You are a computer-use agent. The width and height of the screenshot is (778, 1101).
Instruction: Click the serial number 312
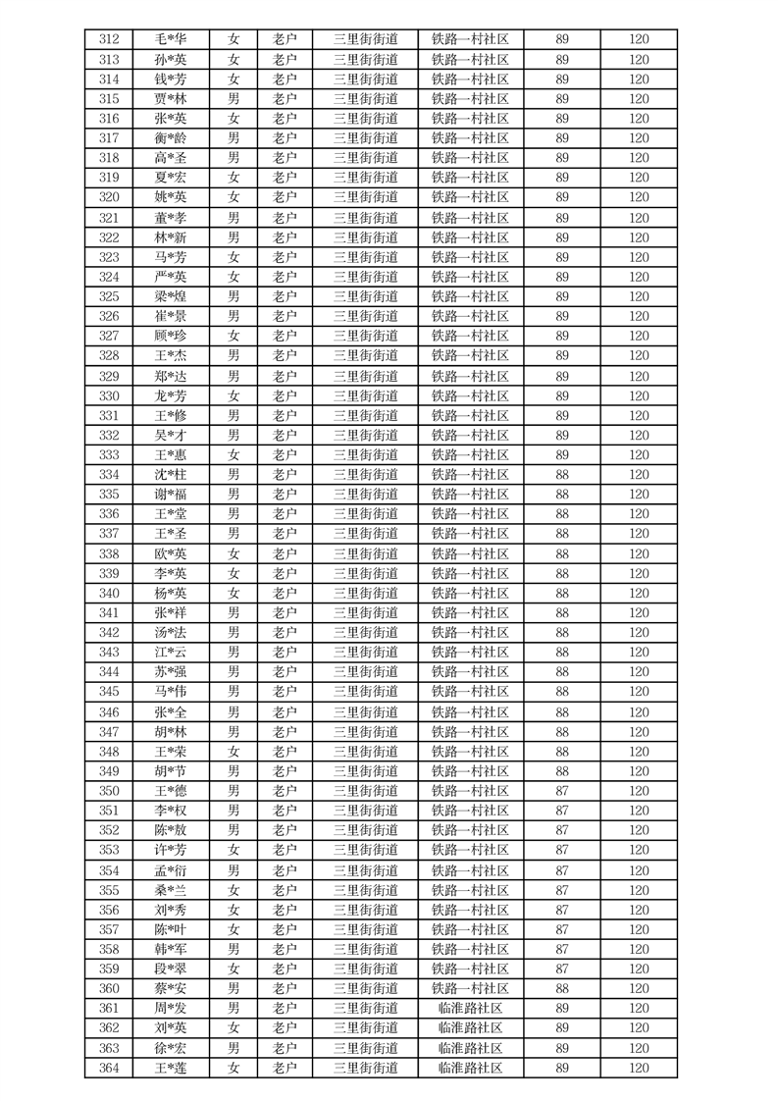coord(109,39)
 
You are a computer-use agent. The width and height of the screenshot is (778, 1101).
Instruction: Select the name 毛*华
coord(171,39)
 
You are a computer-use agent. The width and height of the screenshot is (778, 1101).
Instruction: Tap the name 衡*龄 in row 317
coord(171,138)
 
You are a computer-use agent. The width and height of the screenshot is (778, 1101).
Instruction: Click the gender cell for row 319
coord(233,178)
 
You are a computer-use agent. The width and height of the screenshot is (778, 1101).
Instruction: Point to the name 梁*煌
coord(171,296)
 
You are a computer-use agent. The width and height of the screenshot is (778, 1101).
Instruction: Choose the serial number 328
coord(109,355)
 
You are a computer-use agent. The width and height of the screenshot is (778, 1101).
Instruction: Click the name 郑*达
coord(171,376)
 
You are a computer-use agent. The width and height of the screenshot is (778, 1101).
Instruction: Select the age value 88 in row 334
coord(562,474)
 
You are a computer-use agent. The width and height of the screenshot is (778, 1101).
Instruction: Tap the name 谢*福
coord(171,494)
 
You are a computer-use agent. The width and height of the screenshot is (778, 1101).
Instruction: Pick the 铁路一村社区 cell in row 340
coord(470,593)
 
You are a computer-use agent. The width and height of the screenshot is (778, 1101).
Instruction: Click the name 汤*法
coord(171,632)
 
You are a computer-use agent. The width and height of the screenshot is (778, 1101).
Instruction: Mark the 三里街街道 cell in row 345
coord(365,692)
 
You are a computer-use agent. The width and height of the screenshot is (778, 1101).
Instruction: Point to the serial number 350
coord(109,791)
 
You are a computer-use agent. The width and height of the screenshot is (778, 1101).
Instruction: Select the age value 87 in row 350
coord(562,791)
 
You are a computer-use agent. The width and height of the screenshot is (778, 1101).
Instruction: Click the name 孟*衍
coord(171,870)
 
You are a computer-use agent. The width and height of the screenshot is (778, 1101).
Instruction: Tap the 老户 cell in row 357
coord(285,929)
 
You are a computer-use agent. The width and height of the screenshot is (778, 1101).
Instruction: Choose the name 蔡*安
coord(171,988)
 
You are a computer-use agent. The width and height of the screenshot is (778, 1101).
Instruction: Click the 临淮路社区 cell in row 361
coord(470,1008)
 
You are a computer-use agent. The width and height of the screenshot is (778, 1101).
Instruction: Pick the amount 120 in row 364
coord(639,1068)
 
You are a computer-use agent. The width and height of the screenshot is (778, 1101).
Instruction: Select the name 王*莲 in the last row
coord(171,1068)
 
